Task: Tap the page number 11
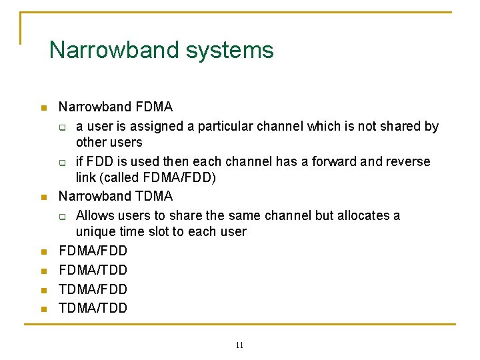pos(239,345)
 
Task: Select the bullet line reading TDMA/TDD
pos(93,308)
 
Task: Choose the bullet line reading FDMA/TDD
pos(93,270)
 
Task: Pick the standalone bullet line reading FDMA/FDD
pos(93,251)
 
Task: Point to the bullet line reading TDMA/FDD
pos(93,289)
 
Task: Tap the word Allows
pos(93,215)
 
